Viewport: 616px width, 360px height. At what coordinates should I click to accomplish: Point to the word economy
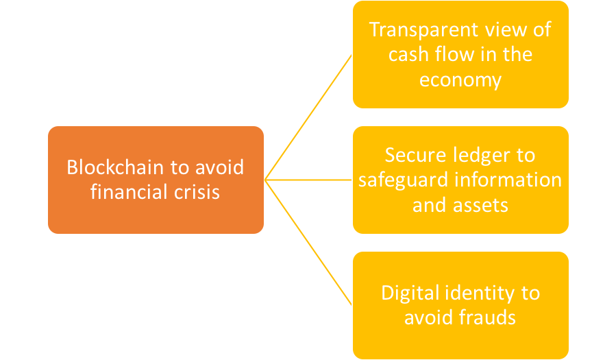point(460,80)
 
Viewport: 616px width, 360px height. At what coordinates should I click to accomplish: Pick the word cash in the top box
point(408,54)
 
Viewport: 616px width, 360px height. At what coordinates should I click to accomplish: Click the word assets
point(480,206)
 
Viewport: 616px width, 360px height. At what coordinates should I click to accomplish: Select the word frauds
point(487,317)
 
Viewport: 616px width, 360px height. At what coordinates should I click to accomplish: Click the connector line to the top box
point(308,117)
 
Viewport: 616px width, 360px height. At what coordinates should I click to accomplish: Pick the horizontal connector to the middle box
point(308,180)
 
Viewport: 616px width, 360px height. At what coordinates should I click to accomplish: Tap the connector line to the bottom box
point(308,243)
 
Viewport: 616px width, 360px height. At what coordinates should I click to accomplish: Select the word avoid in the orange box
point(219,167)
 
